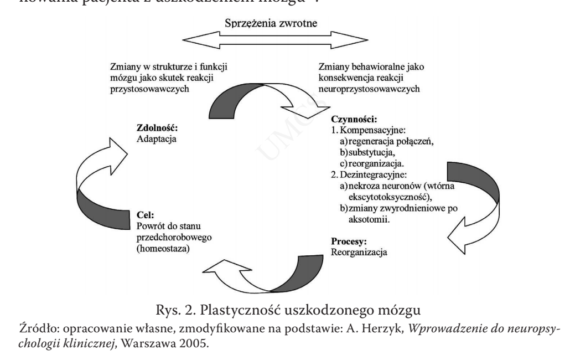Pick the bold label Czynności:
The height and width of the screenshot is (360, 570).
click(x=354, y=119)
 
